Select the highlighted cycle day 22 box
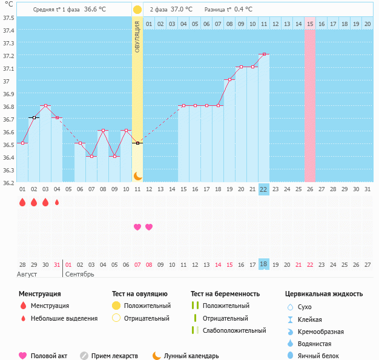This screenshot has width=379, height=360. pyautogui.click(x=263, y=189)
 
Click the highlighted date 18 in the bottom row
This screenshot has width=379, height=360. pyautogui.click(x=263, y=264)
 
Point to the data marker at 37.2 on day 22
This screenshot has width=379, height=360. pyautogui.click(x=263, y=54)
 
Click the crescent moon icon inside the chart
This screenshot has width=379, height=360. pyautogui.click(x=137, y=175)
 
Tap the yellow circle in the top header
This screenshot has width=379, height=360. pyautogui.click(x=137, y=10)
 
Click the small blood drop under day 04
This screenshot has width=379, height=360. pyautogui.click(x=57, y=203)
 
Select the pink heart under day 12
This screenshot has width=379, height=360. pyautogui.click(x=149, y=227)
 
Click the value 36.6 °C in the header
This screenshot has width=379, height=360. pyautogui.click(x=94, y=10)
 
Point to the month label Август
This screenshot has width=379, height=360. pyautogui.click(x=27, y=274)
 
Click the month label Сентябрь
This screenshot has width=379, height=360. pyautogui.click(x=79, y=274)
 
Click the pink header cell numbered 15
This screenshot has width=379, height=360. pyautogui.click(x=310, y=24)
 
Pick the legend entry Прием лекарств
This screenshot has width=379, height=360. pyautogui.click(x=114, y=356)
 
